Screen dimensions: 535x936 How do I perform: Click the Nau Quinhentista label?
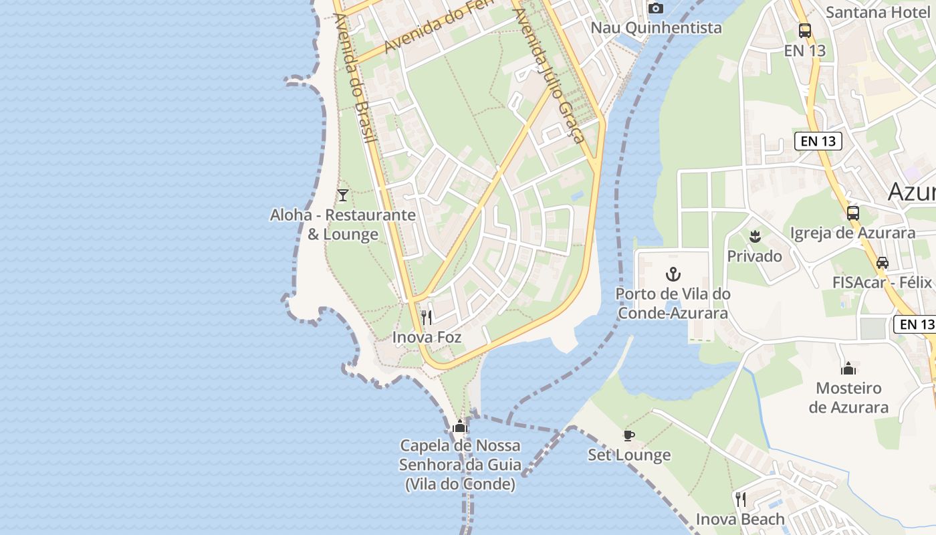pyautogui.click(x=656, y=27)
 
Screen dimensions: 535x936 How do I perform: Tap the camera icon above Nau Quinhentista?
pyautogui.click(x=656, y=8)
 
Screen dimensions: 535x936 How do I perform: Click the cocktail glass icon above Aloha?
pyautogui.click(x=343, y=195)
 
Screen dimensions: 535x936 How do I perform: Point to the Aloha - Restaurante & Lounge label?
pyautogui.click(x=343, y=225)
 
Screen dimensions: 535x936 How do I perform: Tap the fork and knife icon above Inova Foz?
pyautogui.click(x=427, y=317)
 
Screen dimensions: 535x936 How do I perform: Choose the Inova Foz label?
pyautogui.click(x=427, y=337)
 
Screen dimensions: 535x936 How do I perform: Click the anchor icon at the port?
pyautogui.click(x=673, y=274)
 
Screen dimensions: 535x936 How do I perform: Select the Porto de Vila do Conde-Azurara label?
pyautogui.click(x=673, y=303)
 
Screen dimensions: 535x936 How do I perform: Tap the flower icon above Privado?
pyautogui.click(x=755, y=236)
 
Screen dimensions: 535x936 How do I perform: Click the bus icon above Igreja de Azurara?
pyautogui.click(x=853, y=213)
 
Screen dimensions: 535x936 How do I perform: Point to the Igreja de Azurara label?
pyautogui.click(x=853, y=233)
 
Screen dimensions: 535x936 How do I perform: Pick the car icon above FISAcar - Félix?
pyautogui.click(x=883, y=263)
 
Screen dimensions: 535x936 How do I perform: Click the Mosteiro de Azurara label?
pyautogui.click(x=848, y=397)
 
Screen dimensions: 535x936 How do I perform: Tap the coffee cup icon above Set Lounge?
pyautogui.click(x=629, y=436)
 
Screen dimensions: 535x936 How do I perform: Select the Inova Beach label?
pyautogui.click(x=740, y=519)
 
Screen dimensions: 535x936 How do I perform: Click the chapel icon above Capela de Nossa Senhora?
pyautogui.click(x=460, y=426)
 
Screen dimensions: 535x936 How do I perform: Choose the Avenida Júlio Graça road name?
pyautogui.click(x=549, y=74)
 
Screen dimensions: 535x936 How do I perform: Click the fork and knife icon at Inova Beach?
pyautogui.click(x=740, y=499)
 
